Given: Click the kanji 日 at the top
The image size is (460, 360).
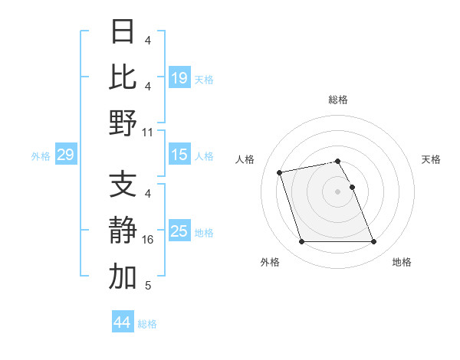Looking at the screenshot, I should [x=123, y=32].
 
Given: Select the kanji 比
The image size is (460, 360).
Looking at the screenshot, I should [x=123, y=77].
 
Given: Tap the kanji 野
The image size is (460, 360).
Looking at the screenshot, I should [x=123, y=123].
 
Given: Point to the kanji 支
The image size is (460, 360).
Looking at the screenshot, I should [x=123, y=185].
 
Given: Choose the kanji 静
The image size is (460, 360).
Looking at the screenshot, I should [x=123, y=231].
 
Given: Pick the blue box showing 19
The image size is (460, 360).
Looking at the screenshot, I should [x=179, y=77].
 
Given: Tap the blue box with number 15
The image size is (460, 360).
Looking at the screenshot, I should [x=179, y=155].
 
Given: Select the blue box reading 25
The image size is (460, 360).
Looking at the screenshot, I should [x=179, y=231].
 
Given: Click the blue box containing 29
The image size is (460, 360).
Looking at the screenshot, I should [x=66, y=155].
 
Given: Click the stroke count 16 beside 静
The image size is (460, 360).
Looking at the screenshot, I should [x=149, y=240].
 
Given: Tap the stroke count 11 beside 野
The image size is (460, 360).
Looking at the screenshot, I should [x=148, y=132].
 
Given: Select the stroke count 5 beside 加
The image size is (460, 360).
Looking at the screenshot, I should [x=147, y=286].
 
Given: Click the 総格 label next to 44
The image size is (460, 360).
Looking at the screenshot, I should [x=147, y=324].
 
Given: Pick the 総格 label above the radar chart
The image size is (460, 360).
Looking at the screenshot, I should [x=337, y=100].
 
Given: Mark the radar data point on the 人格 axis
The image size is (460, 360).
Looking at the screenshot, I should [x=280, y=172].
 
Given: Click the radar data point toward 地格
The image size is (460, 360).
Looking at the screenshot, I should [x=373, y=242].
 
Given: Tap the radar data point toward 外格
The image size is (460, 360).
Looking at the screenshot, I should [x=301, y=242].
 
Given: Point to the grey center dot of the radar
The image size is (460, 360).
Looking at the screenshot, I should [x=337, y=191].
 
